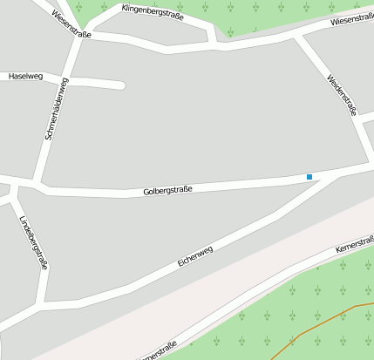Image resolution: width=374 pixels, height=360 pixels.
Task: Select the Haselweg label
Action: coord(25,77)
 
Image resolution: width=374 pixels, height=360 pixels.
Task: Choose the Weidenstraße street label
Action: coord(342,95)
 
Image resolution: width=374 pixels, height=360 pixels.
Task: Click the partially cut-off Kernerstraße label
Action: coord(157,350)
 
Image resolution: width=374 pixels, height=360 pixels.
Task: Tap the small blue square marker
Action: coord(309,177)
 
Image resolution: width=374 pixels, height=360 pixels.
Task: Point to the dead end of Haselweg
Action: coord(121,85)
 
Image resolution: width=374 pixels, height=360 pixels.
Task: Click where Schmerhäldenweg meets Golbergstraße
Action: coord(37,184)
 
